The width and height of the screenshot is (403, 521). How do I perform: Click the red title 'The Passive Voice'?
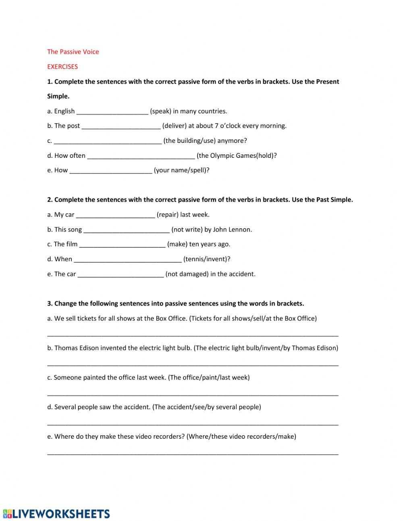click(x=73, y=52)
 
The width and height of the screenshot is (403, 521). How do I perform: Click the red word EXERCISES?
click(x=62, y=67)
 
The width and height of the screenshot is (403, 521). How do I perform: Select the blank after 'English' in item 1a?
click(x=112, y=112)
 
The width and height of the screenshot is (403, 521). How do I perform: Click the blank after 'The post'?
click(x=121, y=126)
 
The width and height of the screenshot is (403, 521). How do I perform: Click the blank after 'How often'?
click(x=141, y=156)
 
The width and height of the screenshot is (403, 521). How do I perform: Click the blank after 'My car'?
click(x=115, y=215)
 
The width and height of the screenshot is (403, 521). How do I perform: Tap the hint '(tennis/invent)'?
click(x=206, y=259)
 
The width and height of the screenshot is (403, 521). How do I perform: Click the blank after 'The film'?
click(x=122, y=245)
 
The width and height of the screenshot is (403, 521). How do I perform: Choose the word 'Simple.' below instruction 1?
click(x=58, y=96)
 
